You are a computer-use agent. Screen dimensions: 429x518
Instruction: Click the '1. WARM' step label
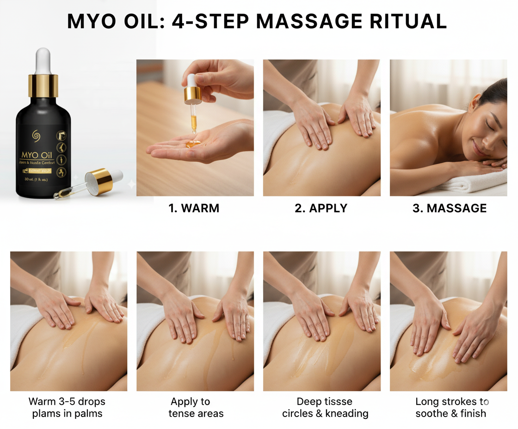(x=194, y=208)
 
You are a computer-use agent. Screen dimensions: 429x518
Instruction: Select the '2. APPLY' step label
(x=321, y=208)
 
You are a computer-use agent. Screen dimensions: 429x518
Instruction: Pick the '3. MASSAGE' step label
(x=449, y=208)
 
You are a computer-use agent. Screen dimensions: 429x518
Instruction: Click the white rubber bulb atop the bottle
(x=43, y=60)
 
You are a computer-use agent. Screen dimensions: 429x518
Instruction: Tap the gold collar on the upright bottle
(x=43, y=86)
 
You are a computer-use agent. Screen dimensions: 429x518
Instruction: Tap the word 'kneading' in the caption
(x=346, y=413)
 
